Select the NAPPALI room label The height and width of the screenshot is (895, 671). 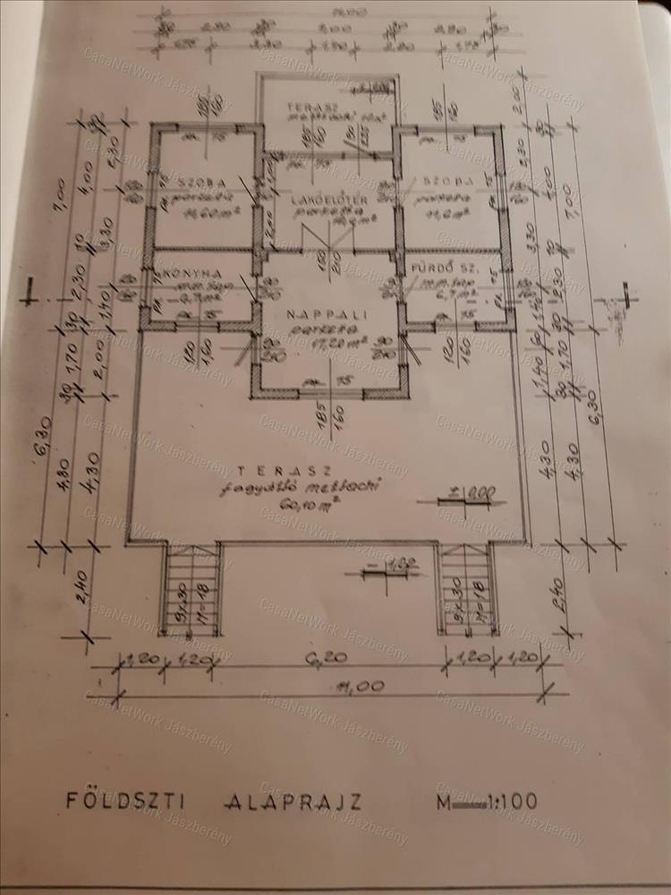[x=321, y=315]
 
